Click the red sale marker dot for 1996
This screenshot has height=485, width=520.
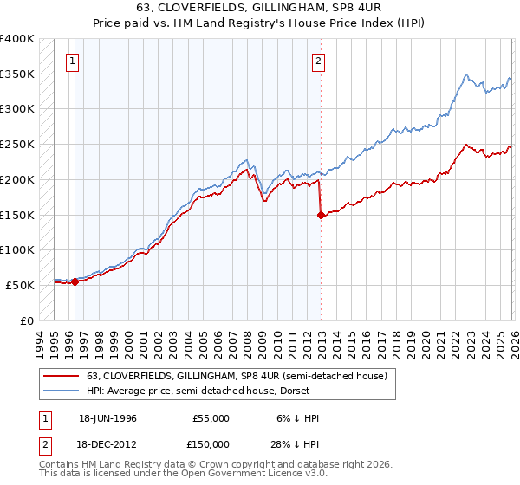[75, 281]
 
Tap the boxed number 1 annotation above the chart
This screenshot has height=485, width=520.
[71, 61]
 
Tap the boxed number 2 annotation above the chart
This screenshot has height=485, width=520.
[319, 61]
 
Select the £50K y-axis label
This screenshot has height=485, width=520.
[20, 285]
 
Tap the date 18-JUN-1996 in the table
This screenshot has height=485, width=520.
[109, 417]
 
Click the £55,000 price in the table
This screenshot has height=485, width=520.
[210, 417]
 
